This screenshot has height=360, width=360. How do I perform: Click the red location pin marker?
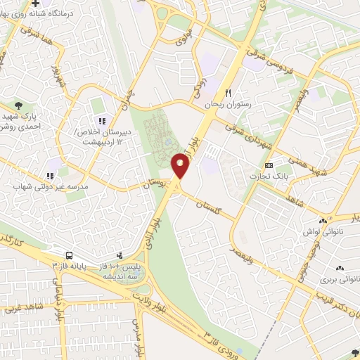181,166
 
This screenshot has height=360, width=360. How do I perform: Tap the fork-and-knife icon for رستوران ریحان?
228,93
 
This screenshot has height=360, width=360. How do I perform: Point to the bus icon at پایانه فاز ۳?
70,256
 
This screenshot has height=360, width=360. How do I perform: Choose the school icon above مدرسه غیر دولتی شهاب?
49,176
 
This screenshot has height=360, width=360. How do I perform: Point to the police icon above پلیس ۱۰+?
120,255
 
